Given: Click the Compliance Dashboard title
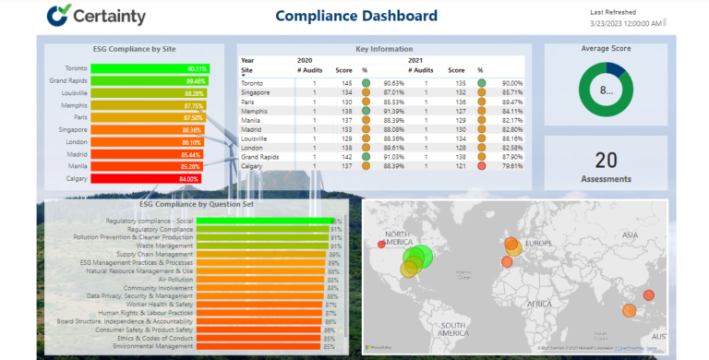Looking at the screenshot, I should pyautogui.click(x=355, y=16).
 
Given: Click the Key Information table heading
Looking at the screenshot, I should pyautogui.click(x=382, y=49).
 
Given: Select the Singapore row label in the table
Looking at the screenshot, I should pyautogui.click(x=257, y=92).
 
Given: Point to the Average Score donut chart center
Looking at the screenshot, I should pyautogui.click(x=607, y=90).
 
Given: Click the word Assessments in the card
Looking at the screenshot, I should pyautogui.click(x=606, y=178).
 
